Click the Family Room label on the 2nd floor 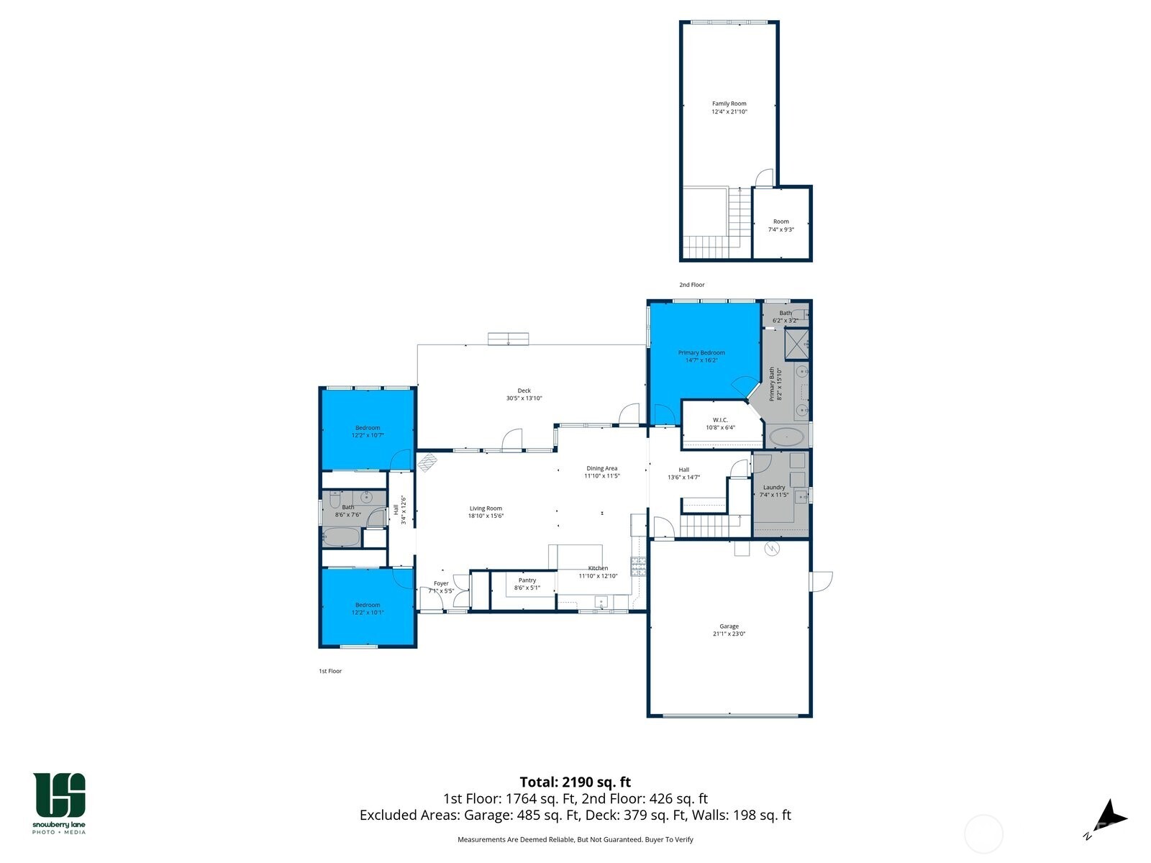(x=729, y=104)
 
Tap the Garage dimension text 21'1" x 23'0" (x=729, y=634)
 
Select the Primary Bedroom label (x=701, y=352)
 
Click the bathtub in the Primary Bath (x=787, y=436)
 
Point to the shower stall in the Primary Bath (x=796, y=343)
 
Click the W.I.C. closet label (x=720, y=420)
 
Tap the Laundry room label (x=774, y=487)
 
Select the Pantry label (x=527, y=580)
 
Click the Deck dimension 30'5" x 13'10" (x=524, y=398)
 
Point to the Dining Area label (x=601, y=468)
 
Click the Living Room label (x=486, y=508)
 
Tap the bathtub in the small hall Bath (x=341, y=536)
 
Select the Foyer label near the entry (x=441, y=583)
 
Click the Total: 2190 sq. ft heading (x=575, y=782)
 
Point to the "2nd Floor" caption (x=692, y=285)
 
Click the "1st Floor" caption (x=330, y=671)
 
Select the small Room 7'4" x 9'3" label (x=781, y=222)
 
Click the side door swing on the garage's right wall (x=822, y=581)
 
